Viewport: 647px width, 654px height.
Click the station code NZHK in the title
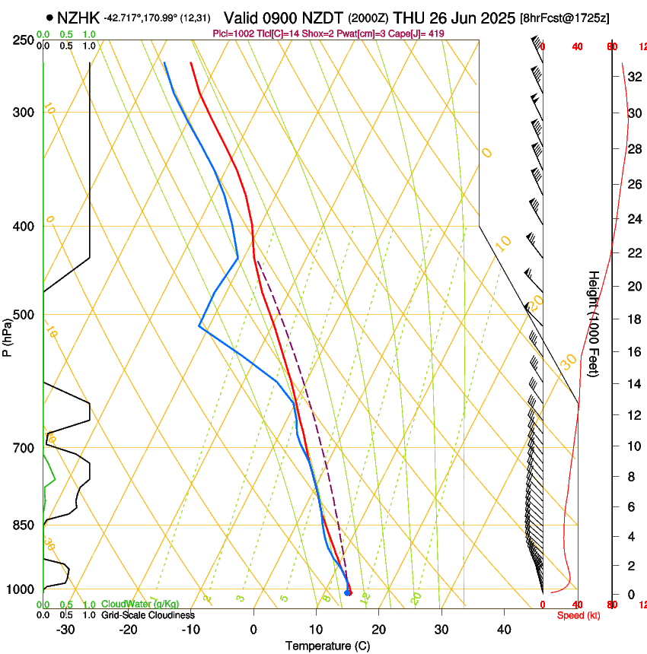(79, 17)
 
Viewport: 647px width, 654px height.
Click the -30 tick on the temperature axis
(65, 629)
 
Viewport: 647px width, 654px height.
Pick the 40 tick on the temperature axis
(504, 629)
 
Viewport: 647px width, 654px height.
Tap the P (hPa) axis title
(8, 335)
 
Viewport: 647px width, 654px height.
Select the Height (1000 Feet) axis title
(594, 323)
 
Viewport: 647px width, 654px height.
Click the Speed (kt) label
(578, 615)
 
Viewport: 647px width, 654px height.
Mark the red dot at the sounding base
(349, 592)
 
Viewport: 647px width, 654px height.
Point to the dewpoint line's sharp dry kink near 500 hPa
(199, 325)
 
